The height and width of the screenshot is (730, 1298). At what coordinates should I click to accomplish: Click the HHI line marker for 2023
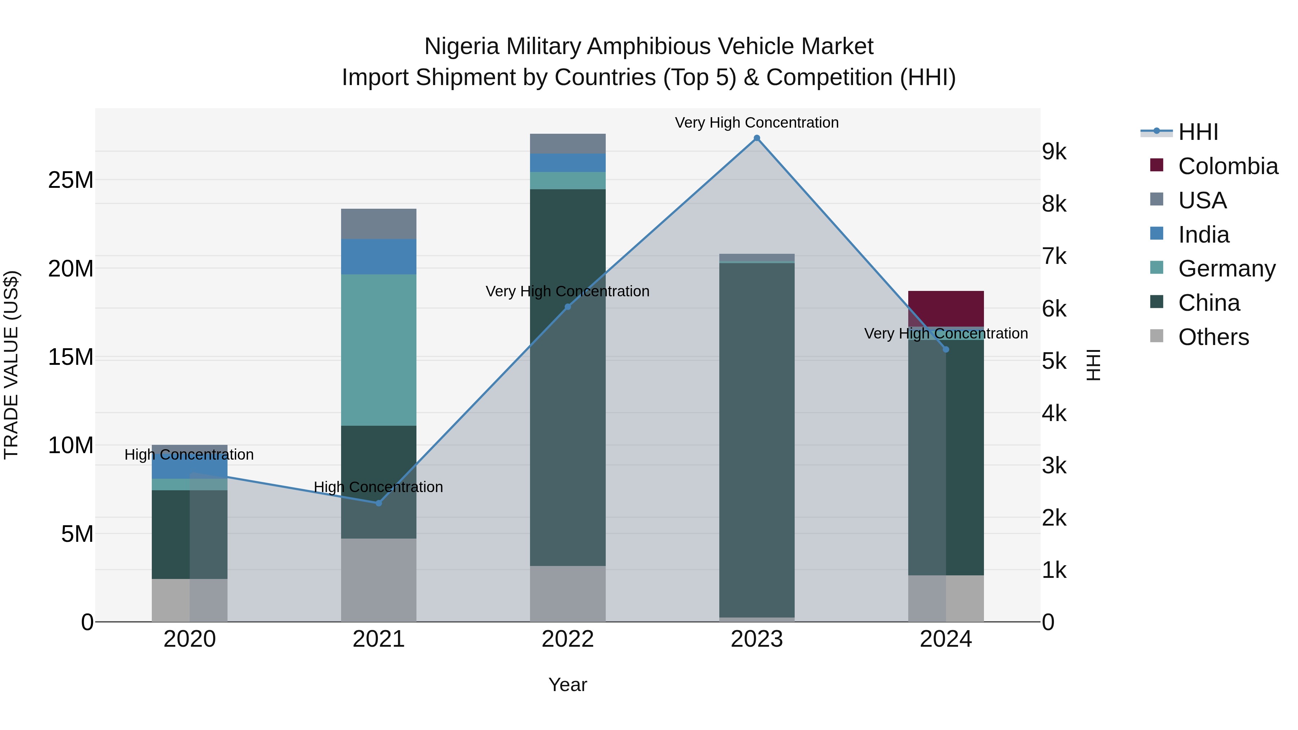[756, 138]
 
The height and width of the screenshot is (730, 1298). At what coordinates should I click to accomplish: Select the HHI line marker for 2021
[379, 503]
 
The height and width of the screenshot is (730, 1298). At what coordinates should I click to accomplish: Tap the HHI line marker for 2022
[568, 307]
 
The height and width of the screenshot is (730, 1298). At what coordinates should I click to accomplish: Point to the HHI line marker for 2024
[946, 349]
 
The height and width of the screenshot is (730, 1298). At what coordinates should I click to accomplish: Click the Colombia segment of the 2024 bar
[946, 308]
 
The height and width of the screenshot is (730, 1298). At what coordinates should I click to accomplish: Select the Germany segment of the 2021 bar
[379, 350]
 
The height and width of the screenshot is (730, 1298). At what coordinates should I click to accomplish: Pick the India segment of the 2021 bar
[379, 256]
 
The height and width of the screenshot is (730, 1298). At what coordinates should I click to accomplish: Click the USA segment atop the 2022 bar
[568, 143]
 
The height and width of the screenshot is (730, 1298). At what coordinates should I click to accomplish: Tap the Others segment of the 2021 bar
[379, 579]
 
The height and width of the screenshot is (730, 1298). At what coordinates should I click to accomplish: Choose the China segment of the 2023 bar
[756, 438]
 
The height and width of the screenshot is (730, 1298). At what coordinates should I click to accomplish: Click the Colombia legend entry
[1227, 166]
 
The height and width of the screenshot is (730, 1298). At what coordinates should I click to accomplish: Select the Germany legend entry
[1227, 269]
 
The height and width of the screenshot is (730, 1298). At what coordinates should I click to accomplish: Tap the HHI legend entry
[1198, 132]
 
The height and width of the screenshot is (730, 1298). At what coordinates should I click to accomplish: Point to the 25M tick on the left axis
[71, 180]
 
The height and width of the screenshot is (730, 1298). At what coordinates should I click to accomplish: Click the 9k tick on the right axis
[1054, 152]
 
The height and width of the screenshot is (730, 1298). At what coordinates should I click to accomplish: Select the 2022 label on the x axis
[568, 639]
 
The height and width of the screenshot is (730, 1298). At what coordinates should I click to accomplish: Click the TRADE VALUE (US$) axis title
[11, 365]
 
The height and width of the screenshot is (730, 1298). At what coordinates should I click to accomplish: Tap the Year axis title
[568, 685]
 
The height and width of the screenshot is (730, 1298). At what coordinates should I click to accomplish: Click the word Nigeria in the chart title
[462, 47]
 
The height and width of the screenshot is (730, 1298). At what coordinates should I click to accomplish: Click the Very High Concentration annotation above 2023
[756, 123]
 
